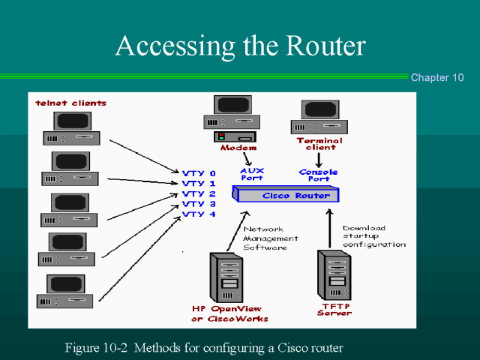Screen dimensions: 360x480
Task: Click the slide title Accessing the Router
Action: [240, 46]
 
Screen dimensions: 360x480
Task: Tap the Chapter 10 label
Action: [437, 78]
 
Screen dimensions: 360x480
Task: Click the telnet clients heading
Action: [71, 103]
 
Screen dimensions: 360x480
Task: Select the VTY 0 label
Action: [198, 173]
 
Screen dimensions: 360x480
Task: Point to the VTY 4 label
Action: [198, 214]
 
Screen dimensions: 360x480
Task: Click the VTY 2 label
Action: [198, 193]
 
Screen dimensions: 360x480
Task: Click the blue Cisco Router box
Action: [286, 195]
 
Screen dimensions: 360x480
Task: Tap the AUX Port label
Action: [253, 174]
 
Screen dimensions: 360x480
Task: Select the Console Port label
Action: [319, 175]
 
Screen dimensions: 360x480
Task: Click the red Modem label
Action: [238, 148]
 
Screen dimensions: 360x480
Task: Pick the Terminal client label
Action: [319, 143]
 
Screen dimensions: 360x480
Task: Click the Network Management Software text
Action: [270, 238]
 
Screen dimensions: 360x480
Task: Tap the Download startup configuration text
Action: [373, 236]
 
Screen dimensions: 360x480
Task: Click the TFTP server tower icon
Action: [334, 274]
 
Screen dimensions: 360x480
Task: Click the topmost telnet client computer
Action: [72, 128]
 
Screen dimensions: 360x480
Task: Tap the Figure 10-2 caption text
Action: [204, 347]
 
